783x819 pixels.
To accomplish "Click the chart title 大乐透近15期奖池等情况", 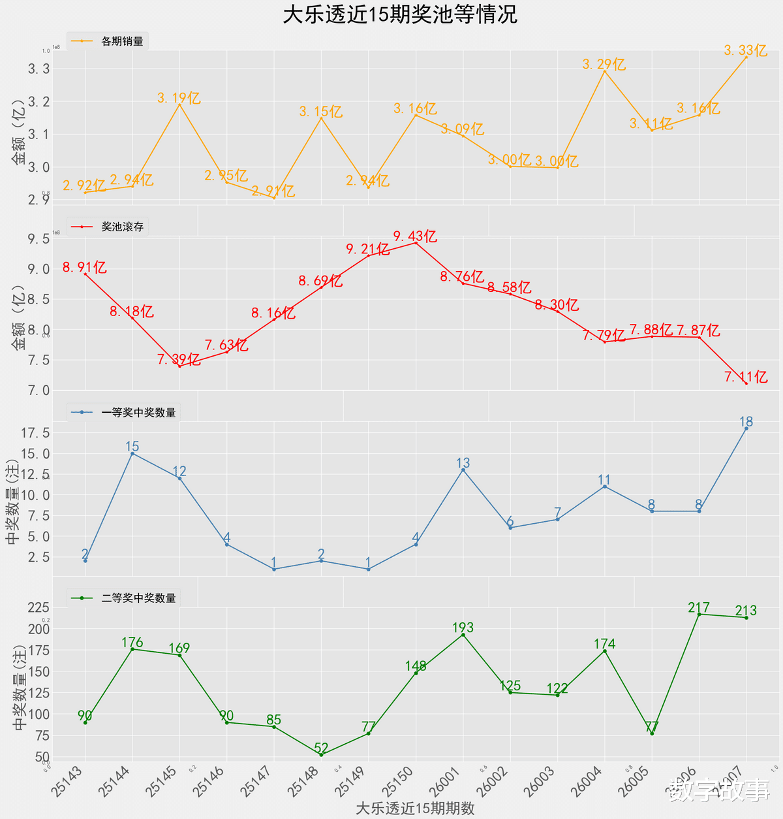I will click(399, 14).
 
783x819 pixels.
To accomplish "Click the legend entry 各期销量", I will click(122, 41).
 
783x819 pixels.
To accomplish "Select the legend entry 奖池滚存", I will click(122, 227).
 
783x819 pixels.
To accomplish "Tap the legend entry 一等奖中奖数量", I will click(138, 412).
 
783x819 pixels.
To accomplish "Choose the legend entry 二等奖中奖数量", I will click(138, 598).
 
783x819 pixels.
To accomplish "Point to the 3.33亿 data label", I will click(745, 50).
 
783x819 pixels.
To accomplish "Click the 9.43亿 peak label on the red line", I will click(415, 236).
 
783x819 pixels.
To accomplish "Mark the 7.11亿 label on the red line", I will click(746, 377).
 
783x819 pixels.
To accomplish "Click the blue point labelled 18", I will click(746, 428).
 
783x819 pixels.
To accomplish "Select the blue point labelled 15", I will click(132, 453).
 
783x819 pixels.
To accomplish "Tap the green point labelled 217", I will click(699, 614).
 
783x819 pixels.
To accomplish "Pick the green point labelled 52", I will click(321, 754).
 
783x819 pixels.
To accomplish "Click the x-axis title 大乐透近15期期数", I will click(415, 808).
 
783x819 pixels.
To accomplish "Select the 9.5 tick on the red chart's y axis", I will click(38, 239).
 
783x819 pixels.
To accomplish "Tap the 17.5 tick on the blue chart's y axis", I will click(36, 433).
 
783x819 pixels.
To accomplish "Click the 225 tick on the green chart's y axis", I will click(38, 607).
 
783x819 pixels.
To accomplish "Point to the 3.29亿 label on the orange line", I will click(604, 64).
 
